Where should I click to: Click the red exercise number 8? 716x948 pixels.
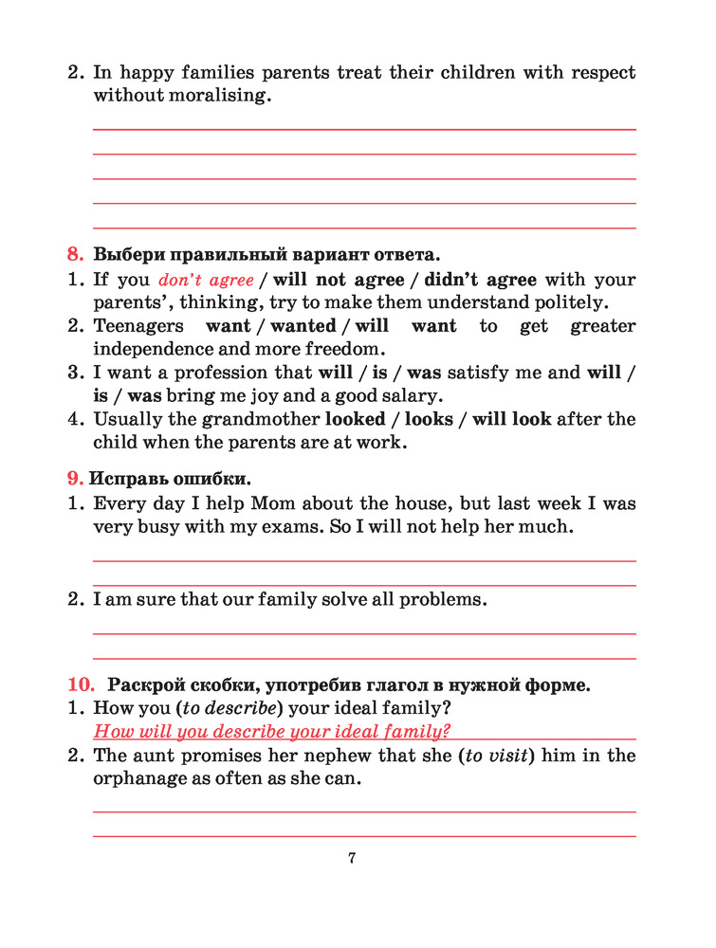(x=75, y=254)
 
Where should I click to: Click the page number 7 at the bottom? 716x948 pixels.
(x=352, y=858)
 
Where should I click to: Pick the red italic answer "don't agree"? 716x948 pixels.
(x=206, y=280)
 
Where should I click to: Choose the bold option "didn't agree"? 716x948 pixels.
(x=480, y=280)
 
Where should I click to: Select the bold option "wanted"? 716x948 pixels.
(x=303, y=326)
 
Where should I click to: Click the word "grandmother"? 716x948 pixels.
(x=259, y=419)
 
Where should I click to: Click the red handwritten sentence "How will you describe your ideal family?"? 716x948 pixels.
(x=271, y=730)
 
